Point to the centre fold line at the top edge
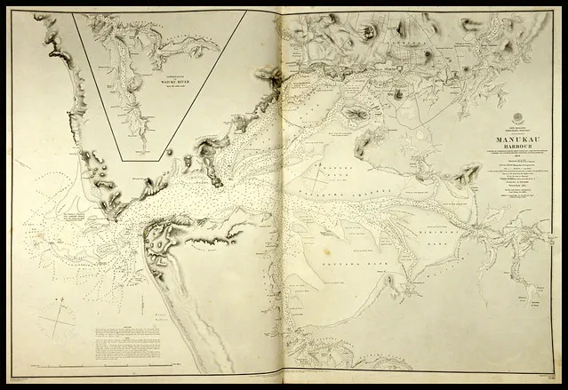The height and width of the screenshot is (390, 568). tap(282, 12)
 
